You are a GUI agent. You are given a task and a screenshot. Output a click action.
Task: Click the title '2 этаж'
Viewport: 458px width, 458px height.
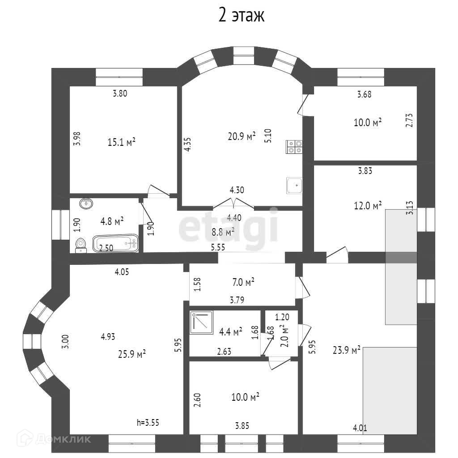click(242, 16)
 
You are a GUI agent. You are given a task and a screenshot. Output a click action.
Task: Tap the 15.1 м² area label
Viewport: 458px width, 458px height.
click(121, 142)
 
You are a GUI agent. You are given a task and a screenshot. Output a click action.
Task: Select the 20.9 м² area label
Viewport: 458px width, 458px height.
click(241, 136)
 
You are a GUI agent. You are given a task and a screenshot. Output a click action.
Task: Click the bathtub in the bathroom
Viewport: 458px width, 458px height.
click(115, 244)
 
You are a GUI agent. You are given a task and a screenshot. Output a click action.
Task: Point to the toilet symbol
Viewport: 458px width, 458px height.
click(81, 245)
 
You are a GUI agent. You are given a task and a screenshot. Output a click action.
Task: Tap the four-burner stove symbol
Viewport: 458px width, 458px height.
click(294, 147)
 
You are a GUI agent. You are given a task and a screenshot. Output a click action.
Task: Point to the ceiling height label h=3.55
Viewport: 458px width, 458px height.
click(148, 422)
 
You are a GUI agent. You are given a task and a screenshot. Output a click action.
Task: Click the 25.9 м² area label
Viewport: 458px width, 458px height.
click(132, 354)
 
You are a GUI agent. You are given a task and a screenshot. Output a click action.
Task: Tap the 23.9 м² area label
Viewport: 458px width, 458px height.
click(347, 350)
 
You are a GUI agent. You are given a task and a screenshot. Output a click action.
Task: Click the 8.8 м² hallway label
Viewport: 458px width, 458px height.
click(222, 232)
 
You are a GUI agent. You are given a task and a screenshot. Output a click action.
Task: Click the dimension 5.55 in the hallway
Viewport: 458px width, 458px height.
click(218, 246)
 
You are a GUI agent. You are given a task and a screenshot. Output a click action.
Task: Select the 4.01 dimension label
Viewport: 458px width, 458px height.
click(360, 428)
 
